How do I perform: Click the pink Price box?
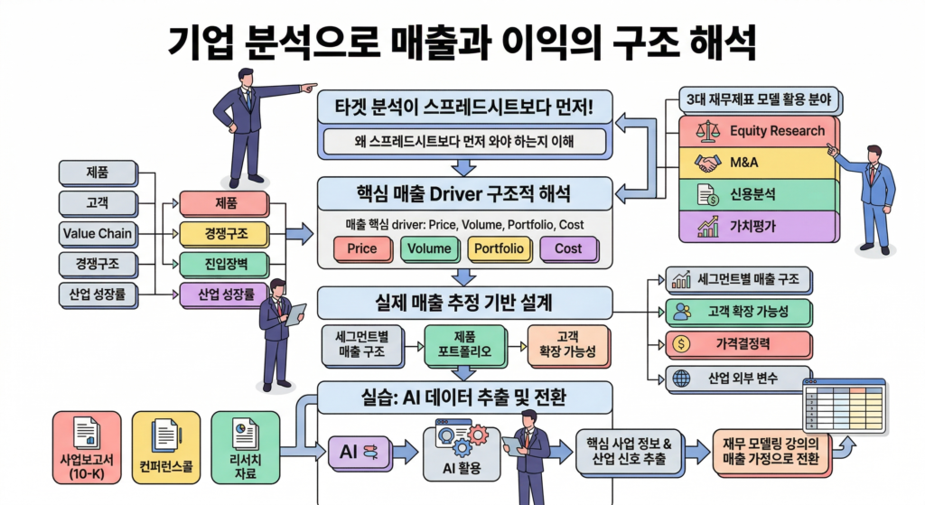pyautogui.click(x=361, y=248)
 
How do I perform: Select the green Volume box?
pyautogui.click(x=429, y=248)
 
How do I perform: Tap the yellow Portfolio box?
pyautogui.click(x=500, y=248)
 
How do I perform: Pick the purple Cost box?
pyautogui.click(x=568, y=248)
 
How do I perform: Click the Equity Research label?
pyautogui.click(x=777, y=131)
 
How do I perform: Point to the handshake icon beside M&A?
pyautogui.click(x=707, y=163)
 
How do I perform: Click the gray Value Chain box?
pyautogui.click(x=98, y=233)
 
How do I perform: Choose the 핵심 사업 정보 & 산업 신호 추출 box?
pyautogui.click(x=630, y=450)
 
